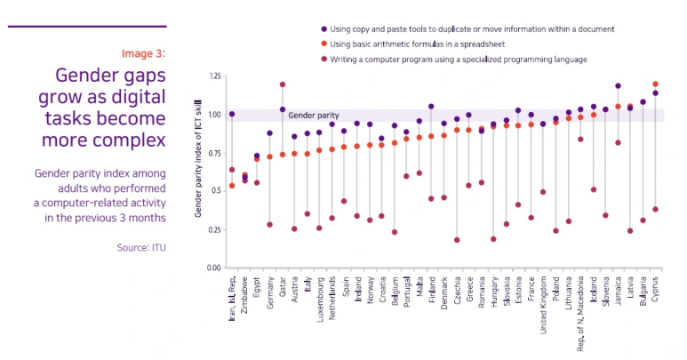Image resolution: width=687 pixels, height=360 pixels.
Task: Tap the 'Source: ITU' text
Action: click(141, 248)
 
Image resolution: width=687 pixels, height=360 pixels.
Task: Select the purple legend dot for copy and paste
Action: click(324, 28)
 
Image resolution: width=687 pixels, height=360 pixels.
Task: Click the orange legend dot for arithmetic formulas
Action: click(324, 44)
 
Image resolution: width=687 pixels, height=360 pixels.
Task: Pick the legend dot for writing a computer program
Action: click(324, 60)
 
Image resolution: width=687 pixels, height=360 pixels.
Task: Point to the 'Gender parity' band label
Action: click(314, 116)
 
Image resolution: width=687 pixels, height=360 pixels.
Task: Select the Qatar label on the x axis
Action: click(283, 288)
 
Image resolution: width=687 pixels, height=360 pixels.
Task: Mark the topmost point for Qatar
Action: click(282, 85)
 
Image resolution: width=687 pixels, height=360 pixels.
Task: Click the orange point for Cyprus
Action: click(656, 84)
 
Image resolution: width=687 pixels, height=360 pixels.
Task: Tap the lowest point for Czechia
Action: click(457, 240)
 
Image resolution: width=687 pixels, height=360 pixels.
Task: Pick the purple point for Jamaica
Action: click(618, 86)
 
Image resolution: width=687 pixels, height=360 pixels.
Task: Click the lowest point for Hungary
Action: click(493, 239)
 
